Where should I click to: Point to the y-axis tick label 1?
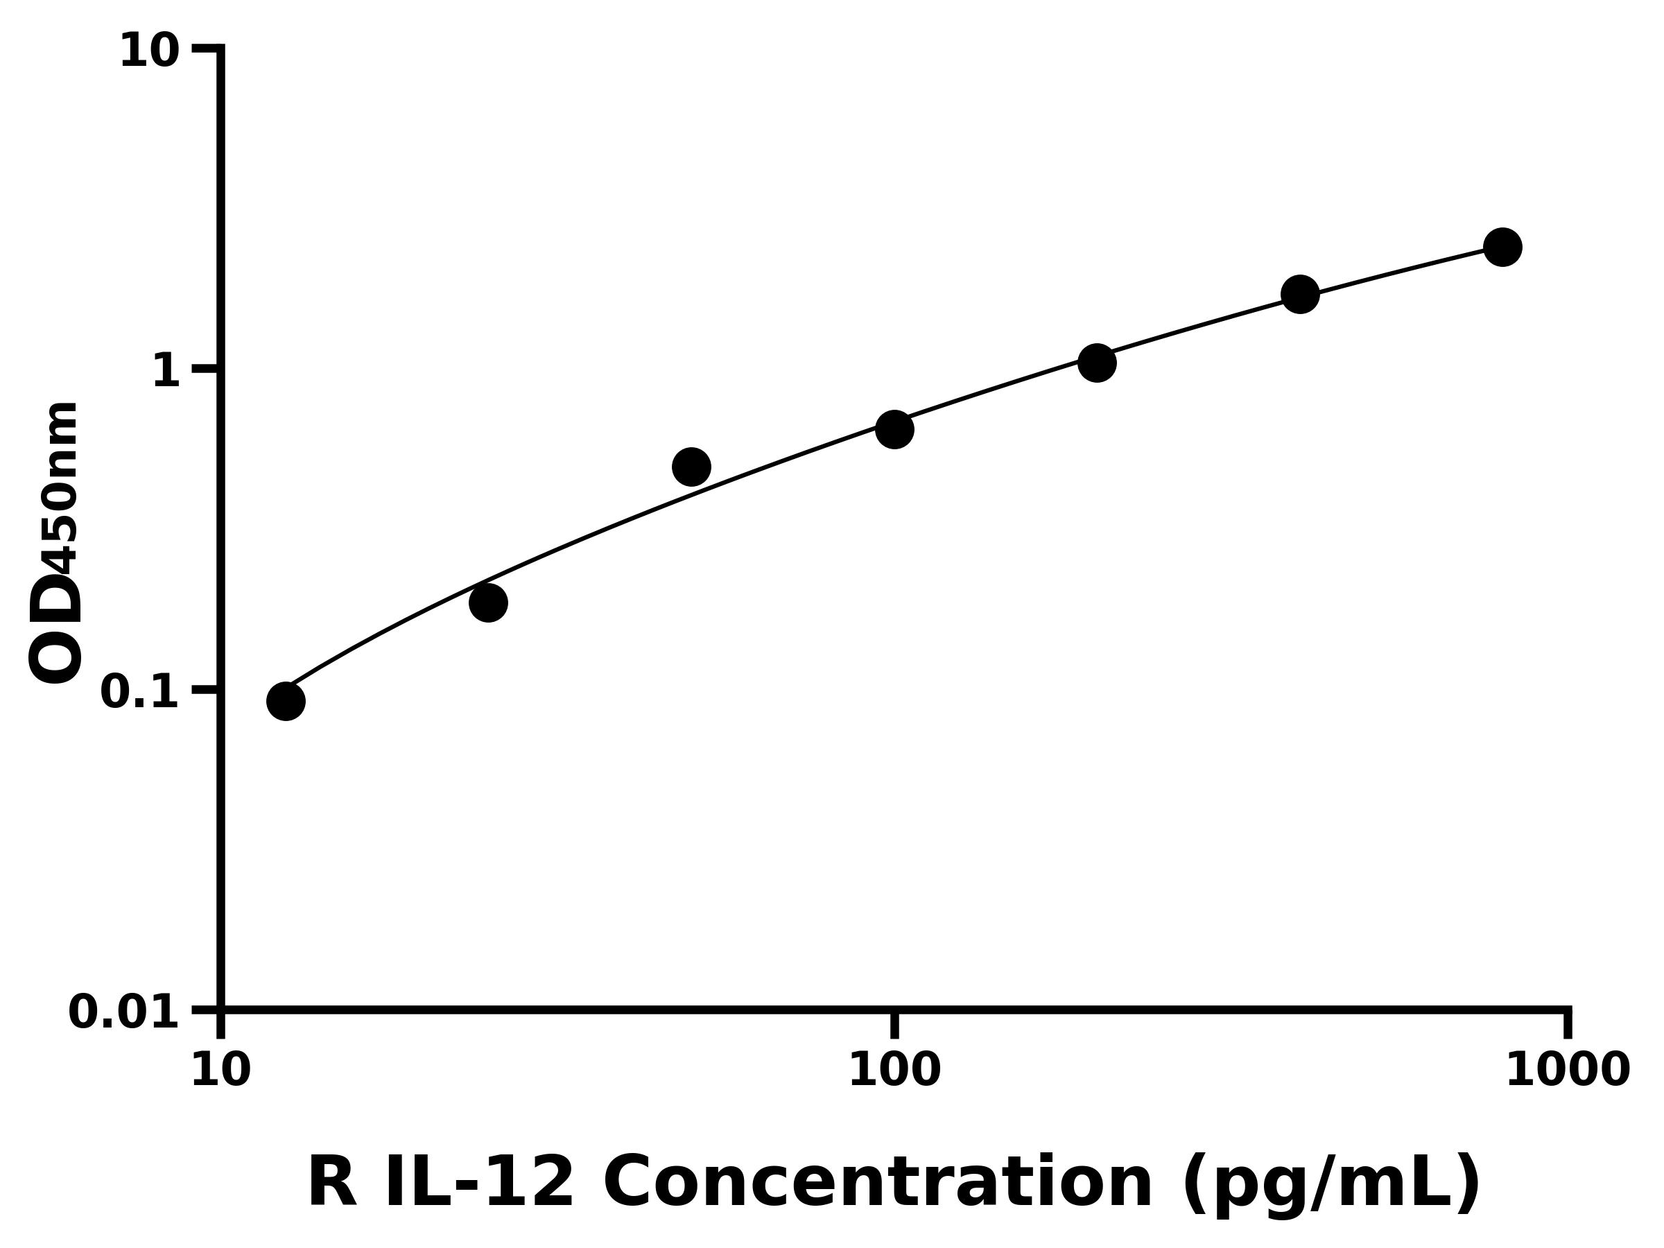click(x=166, y=372)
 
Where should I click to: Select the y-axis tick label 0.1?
click(x=140, y=692)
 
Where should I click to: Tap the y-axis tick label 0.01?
click(x=124, y=1012)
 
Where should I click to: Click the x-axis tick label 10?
click(x=220, y=1071)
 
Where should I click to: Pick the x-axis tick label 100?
click(x=894, y=1071)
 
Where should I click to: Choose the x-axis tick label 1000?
click(x=1568, y=1071)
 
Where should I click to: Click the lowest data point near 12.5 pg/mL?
click(x=286, y=701)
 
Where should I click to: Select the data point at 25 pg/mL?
click(x=488, y=603)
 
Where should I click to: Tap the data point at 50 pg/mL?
click(x=691, y=467)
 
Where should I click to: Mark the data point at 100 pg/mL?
click(x=894, y=430)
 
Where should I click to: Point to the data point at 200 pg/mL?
click(x=1097, y=363)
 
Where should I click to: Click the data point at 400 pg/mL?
click(x=1300, y=293)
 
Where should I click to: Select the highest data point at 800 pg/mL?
click(x=1503, y=247)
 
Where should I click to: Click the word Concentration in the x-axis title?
click(x=878, y=1184)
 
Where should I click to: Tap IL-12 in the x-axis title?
click(x=479, y=1184)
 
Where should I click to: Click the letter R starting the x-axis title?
click(x=333, y=1184)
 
